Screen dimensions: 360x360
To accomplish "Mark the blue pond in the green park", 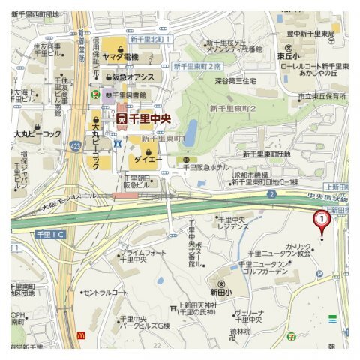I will point(190,133).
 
